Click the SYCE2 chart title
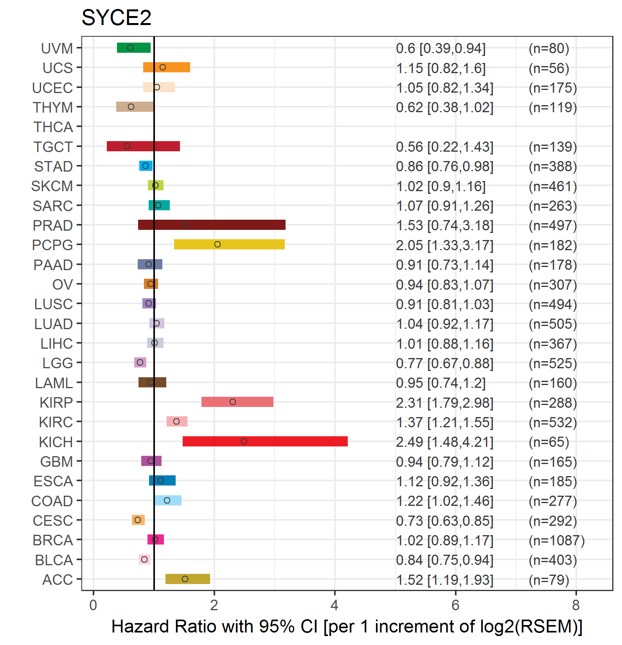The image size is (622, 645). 116,18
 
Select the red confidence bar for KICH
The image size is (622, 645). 265,441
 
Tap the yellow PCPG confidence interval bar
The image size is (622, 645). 229,244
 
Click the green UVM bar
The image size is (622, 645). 134,48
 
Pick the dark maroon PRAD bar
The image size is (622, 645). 212,225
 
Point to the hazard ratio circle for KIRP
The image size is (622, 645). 233,402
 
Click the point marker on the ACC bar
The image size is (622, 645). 185,579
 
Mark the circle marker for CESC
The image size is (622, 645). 137,520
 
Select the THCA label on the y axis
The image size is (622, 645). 53,127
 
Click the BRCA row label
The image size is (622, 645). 53,540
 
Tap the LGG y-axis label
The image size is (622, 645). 58,363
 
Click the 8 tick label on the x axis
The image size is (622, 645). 576,605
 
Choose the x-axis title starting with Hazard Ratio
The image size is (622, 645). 347,626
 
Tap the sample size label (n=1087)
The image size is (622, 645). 557,540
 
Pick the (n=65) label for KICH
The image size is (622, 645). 549,442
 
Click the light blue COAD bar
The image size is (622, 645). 168,500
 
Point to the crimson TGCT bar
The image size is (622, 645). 143,146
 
